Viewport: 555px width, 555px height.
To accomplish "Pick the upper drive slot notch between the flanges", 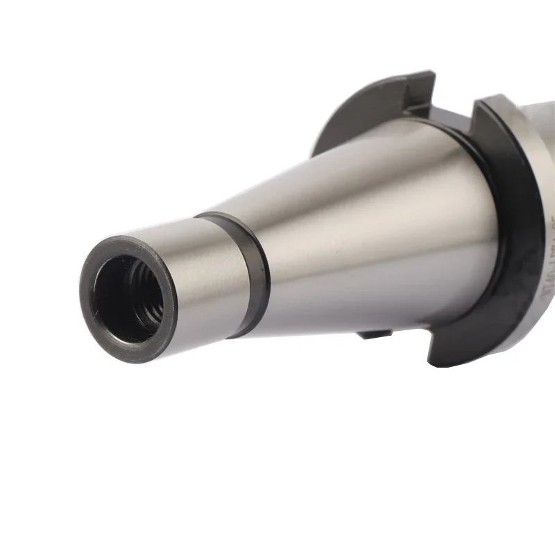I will (444, 104).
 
